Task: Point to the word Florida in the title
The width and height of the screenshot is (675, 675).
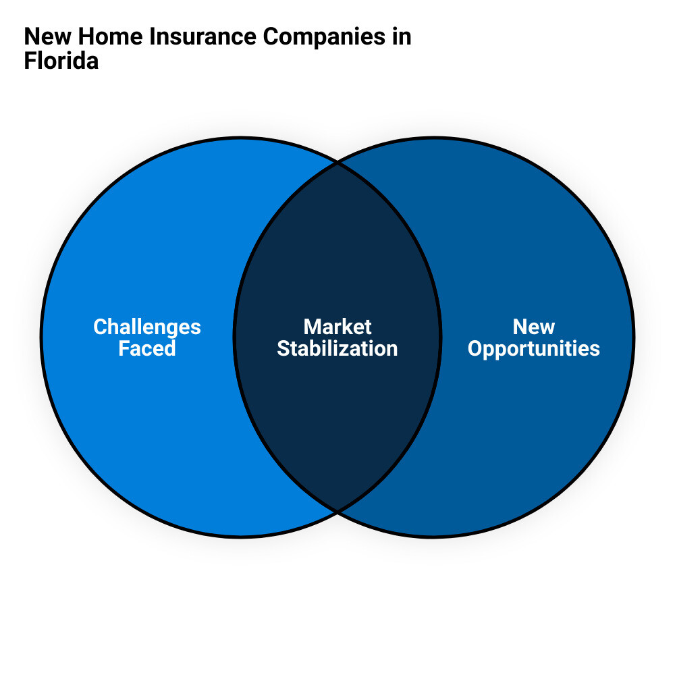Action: coord(61,61)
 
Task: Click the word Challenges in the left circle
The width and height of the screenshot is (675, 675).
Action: coord(147,327)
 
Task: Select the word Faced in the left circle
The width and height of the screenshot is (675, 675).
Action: coord(147,348)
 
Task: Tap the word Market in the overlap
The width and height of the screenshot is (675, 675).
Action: coord(337,327)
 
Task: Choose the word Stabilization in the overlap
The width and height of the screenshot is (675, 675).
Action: coord(337,348)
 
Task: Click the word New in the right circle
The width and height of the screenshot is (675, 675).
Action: coord(533,327)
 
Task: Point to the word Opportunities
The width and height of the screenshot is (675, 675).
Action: coord(533,348)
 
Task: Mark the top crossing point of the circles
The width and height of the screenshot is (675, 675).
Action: coord(337,163)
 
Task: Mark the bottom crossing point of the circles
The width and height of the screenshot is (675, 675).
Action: coord(337,510)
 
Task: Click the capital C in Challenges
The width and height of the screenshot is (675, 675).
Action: coord(100,327)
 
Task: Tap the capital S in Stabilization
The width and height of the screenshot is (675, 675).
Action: coord(283,348)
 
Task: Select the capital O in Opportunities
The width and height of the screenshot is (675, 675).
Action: coord(475,348)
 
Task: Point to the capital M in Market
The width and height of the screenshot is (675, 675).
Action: coord(312,327)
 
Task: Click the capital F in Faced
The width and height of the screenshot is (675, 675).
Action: coord(124,348)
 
